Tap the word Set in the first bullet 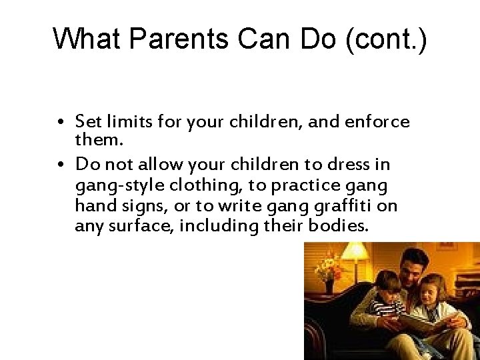(86, 122)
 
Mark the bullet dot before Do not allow (69, 165)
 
